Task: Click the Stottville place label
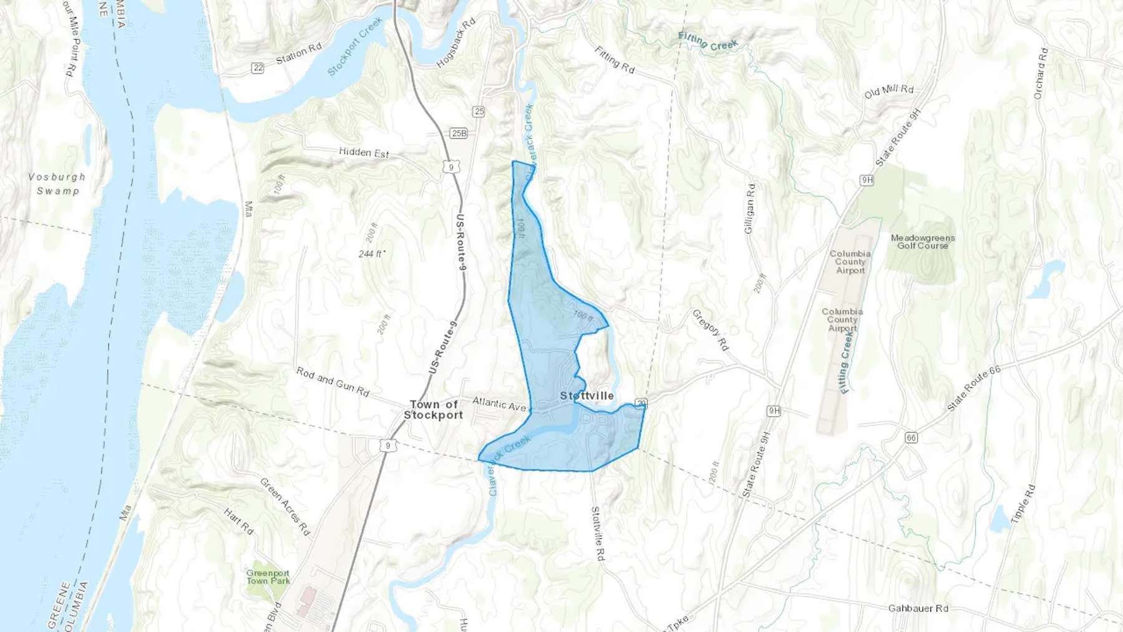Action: (x=586, y=396)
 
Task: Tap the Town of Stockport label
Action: (x=434, y=410)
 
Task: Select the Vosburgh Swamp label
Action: (x=57, y=184)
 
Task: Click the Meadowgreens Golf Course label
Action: (x=922, y=242)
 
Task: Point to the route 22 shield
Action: (x=258, y=68)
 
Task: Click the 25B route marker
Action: (x=459, y=134)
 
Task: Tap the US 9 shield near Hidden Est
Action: (x=451, y=167)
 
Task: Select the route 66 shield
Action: (x=911, y=438)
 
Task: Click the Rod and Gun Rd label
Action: (x=333, y=382)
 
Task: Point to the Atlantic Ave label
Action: (x=499, y=404)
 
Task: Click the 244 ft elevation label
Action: (x=371, y=254)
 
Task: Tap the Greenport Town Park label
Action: (x=268, y=577)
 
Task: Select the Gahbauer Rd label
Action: (x=918, y=608)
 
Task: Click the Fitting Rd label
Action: (x=614, y=60)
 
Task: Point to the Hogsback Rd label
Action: (x=455, y=42)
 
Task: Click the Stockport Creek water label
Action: (x=354, y=47)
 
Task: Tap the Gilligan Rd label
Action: (x=750, y=208)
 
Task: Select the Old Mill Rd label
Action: (x=888, y=92)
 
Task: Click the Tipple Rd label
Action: (x=1023, y=503)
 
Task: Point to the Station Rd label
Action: (x=299, y=53)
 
